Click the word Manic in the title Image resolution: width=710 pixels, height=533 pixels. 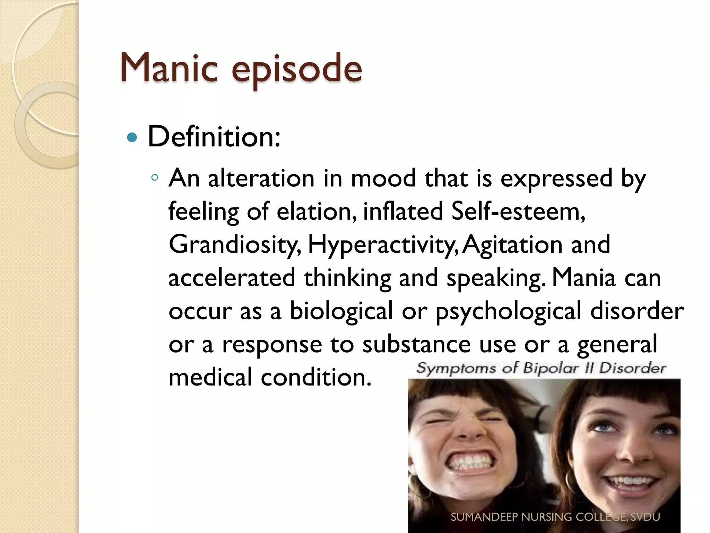click(x=169, y=68)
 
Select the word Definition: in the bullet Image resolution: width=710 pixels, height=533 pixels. click(x=214, y=137)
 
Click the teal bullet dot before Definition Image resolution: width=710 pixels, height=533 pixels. click(x=132, y=138)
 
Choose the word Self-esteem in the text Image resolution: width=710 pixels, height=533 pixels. click(x=518, y=211)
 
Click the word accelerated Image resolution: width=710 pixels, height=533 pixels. click(x=232, y=278)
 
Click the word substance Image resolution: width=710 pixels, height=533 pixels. click(x=416, y=344)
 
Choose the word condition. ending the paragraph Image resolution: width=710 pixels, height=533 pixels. click(x=316, y=378)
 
